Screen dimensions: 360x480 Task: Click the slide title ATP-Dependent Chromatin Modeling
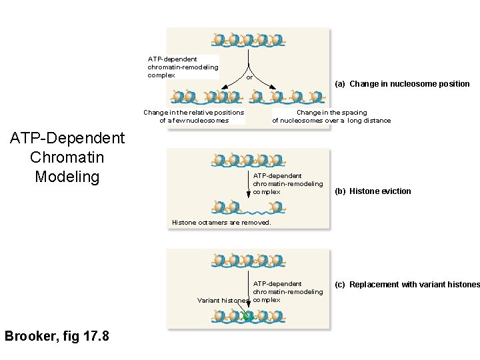67,157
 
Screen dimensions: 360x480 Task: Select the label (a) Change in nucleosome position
402,84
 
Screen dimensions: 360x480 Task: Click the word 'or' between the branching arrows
249,77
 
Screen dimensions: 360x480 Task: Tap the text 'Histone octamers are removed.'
221,223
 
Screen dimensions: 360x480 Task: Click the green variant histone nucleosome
248,317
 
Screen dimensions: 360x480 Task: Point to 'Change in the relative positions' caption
194,113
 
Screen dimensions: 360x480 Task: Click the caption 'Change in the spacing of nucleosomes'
331,117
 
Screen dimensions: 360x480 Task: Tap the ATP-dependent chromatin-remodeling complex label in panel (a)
182,67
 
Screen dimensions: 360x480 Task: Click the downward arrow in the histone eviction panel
249,183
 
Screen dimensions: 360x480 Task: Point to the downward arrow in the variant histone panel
249,293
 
